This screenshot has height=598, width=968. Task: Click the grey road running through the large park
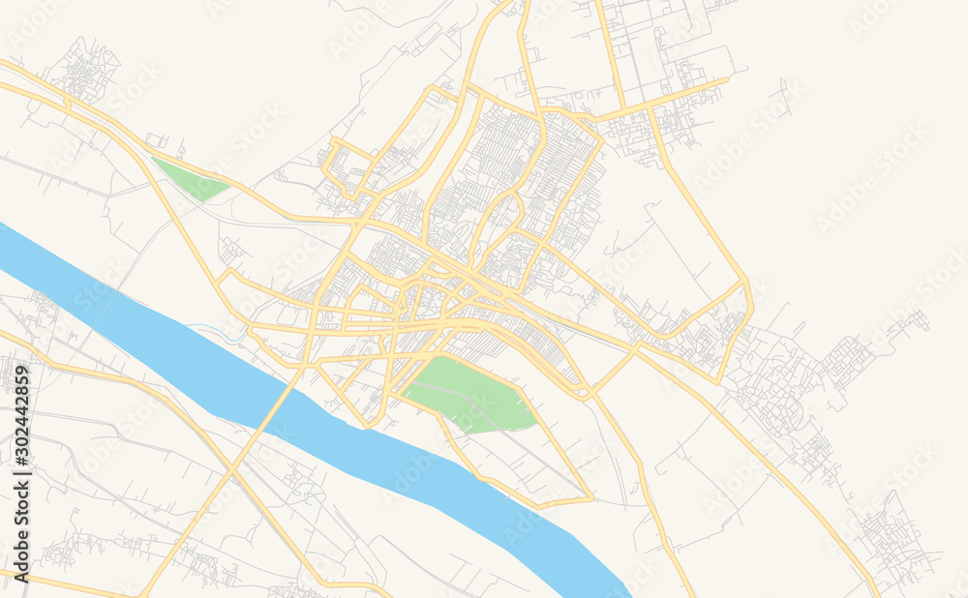pyautogui.click(x=465, y=397)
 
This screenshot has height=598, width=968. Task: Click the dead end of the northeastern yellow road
pyautogui.click(x=727, y=80)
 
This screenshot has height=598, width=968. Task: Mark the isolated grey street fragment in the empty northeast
pyautogui.click(x=784, y=97)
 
